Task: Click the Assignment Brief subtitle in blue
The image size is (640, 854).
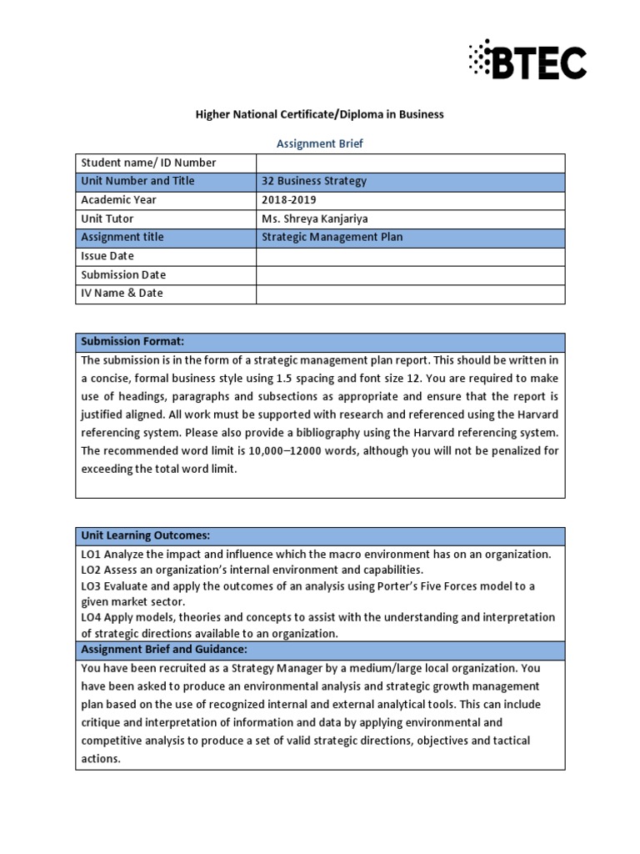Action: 320,143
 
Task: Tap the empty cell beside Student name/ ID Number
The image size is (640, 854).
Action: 410,163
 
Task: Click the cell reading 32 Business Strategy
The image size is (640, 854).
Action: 314,181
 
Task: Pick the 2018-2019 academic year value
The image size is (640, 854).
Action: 289,200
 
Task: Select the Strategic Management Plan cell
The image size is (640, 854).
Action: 320,238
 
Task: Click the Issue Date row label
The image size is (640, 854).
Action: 107,256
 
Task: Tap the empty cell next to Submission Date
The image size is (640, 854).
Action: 410,275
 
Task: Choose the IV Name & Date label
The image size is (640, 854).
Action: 122,294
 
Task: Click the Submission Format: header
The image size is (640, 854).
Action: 132,342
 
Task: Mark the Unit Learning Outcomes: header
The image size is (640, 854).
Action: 145,535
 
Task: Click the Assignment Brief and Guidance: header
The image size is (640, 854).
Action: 164,650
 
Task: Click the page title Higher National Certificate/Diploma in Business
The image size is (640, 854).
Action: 320,115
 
